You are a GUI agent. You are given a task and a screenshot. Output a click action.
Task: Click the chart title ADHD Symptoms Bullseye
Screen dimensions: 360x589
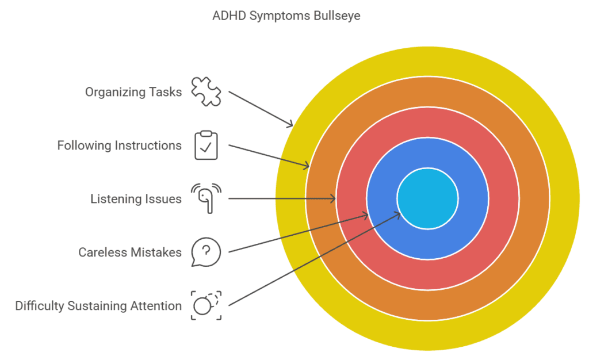[x=286, y=16]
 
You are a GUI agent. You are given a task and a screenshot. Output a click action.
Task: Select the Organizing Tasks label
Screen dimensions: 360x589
[x=133, y=92]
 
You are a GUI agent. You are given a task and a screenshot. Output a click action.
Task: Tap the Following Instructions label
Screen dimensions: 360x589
[x=119, y=145]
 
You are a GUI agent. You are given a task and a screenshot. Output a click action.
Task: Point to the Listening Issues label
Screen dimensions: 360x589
[x=136, y=199]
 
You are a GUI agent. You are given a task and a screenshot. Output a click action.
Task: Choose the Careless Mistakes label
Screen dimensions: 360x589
[x=130, y=252]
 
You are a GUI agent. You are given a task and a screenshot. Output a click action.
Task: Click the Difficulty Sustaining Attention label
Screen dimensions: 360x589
[x=98, y=306]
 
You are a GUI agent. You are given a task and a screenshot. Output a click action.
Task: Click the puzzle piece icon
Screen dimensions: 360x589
[x=206, y=91]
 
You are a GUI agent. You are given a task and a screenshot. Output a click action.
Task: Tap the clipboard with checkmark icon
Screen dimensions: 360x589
[x=206, y=145]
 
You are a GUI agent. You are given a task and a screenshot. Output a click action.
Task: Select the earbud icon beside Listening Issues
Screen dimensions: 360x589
[x=206, y=198]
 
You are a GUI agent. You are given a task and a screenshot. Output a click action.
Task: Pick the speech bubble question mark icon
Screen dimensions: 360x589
[x=206, y=252]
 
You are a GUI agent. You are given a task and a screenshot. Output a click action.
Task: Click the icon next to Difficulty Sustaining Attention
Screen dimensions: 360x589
[x=206, y=305]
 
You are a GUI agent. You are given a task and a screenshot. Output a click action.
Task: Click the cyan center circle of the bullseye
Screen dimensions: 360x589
[x=427, y=198]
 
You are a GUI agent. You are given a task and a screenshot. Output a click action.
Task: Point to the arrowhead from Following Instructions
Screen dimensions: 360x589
[x=307, y=167]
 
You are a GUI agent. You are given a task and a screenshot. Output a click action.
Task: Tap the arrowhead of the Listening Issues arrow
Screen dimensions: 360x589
[x=334, y=199]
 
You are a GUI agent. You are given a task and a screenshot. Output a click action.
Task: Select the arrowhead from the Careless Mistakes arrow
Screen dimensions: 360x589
[x=366, y=215]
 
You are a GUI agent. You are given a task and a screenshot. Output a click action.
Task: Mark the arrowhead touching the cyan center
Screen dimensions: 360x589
[x=398, y=214]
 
